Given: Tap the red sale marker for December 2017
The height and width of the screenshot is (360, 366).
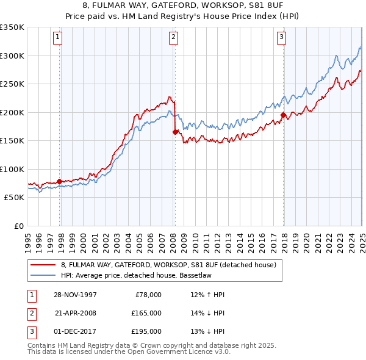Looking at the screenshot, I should [x=284, y=115].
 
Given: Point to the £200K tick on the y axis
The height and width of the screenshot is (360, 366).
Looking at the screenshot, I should [x=12, y=112].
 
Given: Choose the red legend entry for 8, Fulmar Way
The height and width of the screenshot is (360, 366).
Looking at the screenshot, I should [x=168, y=265].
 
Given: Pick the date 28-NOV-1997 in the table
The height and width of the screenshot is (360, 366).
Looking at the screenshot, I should [x=76, y=295].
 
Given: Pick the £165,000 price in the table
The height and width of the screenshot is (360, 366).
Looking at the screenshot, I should [x=147, y=313].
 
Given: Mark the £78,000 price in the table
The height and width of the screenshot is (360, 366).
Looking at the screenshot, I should [x=148, y=295].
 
